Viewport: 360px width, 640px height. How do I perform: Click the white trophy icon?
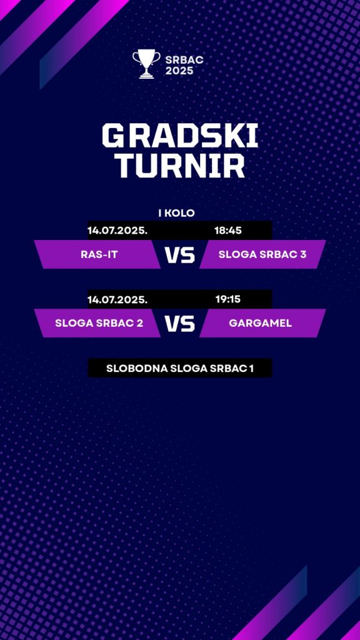pyautogui.click(x=146, y=64)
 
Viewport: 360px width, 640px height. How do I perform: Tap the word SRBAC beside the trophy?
pyautogui.click(x=184, y=60)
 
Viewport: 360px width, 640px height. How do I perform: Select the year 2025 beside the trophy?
pyautogui.click(x=179, y=71)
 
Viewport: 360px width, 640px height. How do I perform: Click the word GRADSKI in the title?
pyautogui.click(x=180, y=136)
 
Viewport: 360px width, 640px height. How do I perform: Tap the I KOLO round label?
pyautogui.click(x=176, y=213)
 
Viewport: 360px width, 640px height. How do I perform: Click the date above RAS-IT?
pyautogui.click(x=117, y=231)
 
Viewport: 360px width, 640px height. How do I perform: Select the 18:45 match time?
pyautogui.click(x=228, y=231)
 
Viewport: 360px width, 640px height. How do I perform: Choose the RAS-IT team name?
pyautogui.click(x=99, y=254)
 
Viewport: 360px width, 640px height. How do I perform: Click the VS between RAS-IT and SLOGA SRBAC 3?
pyautogui.click(x=180, y=255)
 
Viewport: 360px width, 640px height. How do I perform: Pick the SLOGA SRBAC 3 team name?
pyautogui.click(x=262, y=254)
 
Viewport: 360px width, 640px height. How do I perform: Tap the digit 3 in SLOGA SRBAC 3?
pyautogui.click(x=303, y=254)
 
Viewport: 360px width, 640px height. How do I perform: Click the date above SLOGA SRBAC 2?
pyautogui.click(x=117, y=299)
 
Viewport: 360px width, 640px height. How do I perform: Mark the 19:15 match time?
pyautogui.click(x=228, y=299)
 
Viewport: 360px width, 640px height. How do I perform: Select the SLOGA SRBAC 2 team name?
pyautogui.click(x=99, y=323)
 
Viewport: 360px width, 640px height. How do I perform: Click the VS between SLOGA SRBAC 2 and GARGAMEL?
pyautogui.click(x=180, y=324)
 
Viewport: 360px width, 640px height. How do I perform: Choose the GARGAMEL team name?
pyautogui.click(x=261, y=323)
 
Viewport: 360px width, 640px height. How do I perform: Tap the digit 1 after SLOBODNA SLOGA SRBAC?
pyautogui.click(x=251, y=368)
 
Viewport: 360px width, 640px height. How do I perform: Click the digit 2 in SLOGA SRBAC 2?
pyautogui.click(x=140, y=323)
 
